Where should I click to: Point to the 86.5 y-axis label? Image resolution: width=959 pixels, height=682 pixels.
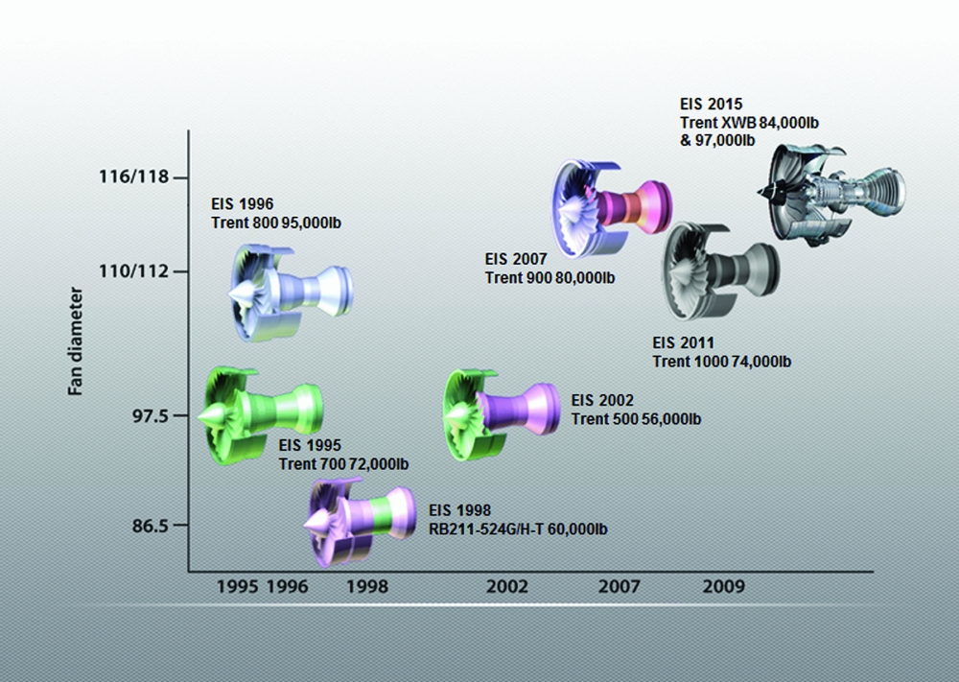148,527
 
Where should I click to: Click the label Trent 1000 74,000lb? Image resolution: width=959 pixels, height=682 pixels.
721,362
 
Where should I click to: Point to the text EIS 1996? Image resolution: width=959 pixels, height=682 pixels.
243,204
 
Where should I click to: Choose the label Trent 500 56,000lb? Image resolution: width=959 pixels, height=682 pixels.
636,419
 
